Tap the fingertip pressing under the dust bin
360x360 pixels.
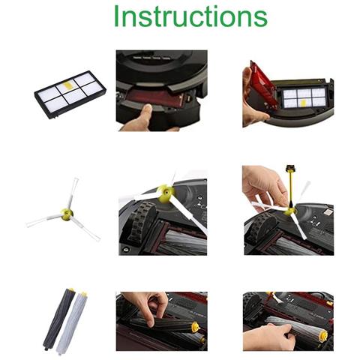[142, 112]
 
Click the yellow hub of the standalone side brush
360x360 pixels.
[68, 214]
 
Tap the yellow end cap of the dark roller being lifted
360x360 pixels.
[196, 327]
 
